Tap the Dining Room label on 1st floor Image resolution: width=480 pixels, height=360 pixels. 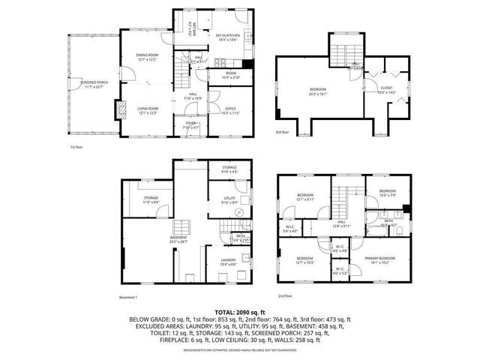pyautogui.click(x=147, y=57)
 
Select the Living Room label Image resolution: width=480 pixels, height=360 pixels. pyautogui.click(x=147, y=110)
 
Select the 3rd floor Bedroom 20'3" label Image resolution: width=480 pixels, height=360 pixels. pyautogui.click(x=319, y=91)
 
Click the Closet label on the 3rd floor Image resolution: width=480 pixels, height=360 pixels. pyautogui.click(x=387, y=90)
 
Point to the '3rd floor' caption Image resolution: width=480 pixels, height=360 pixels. pyautogui.click(x=281, y=134)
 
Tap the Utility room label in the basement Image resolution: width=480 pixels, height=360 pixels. pyautogui.click(x=229, y=200)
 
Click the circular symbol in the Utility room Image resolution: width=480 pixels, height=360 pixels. pyautogui.click(x=238, y=212)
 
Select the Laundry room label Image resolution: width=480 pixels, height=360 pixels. pyautogui.click(x=229, y=262)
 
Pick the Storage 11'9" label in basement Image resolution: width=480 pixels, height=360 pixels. pyautogui.click(x=151, y=200)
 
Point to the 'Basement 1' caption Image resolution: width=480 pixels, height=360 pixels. pyautogui.click(x=129, y=296)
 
